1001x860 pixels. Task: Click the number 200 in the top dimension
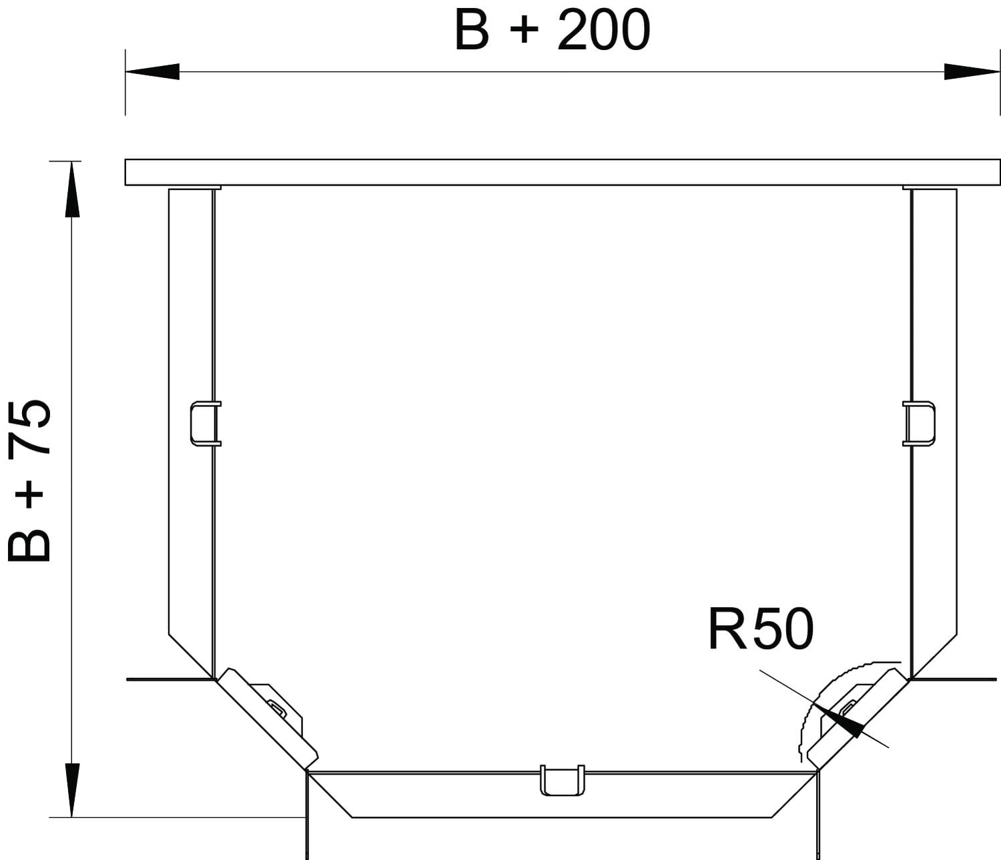click(603, 31)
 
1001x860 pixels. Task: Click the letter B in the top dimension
click(472, 31)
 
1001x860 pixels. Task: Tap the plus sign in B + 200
click(524, 31)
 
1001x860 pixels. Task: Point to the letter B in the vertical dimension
click(29, 544)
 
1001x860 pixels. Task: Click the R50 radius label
click(760, 630)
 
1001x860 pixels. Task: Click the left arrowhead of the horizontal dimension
click(152, 71)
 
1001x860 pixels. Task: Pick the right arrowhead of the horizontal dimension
click(972, 71)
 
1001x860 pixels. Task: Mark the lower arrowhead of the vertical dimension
click(71, 790)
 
